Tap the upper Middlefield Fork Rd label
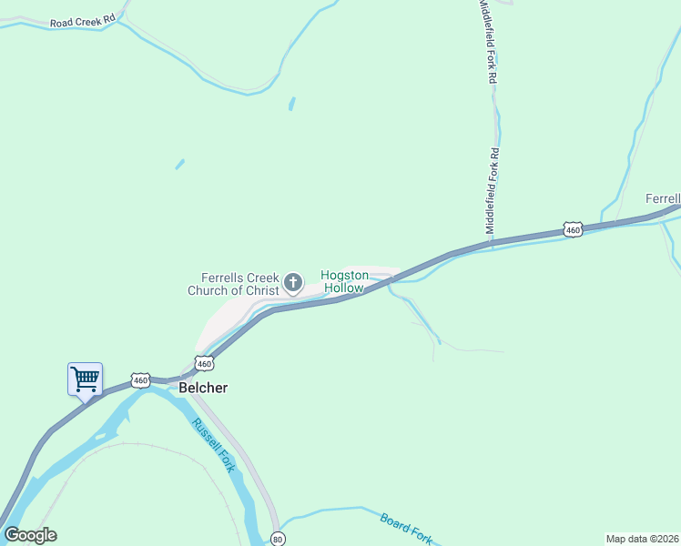click(x=489, y=42)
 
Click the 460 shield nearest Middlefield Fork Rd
click(x=572, y=231)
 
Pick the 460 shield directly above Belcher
click(x=204, y=363)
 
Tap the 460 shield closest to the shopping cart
click(x=139, y=379)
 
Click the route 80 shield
click(x=278, y=539)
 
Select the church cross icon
click(x=293, y=284)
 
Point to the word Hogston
click(x=344, y=275)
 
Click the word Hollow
click(x=344, y=288)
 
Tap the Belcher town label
click(x=203, y=388)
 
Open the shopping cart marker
click(x=86, y=379)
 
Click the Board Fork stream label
click(x=406, y=527)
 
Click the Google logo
click(x=30, y=535)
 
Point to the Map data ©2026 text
click(x=642, y=538)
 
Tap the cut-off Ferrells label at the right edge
click(x=663, y=198)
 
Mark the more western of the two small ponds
click(x=179, y=165)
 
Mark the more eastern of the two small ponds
click(x=291, y=104)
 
